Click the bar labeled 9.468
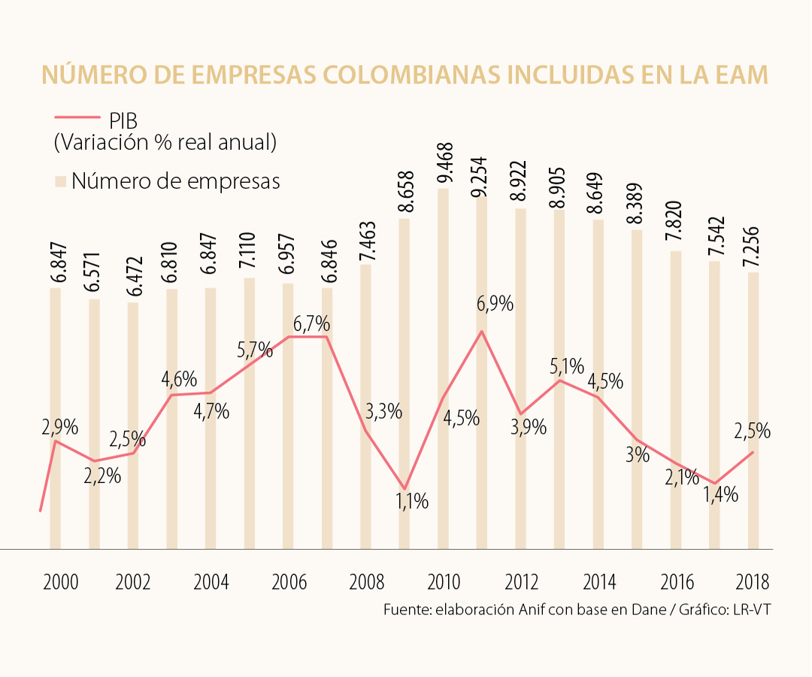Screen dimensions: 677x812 click(444, 369)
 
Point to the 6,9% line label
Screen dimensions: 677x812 click(495, 304)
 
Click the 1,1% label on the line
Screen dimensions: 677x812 click(412, 501)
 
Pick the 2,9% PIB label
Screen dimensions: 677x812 click(59, 427)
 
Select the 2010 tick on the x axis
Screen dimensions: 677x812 click(444, 582)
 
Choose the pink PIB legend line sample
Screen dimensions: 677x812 click(77, 117)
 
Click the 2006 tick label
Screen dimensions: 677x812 click(288, 582)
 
